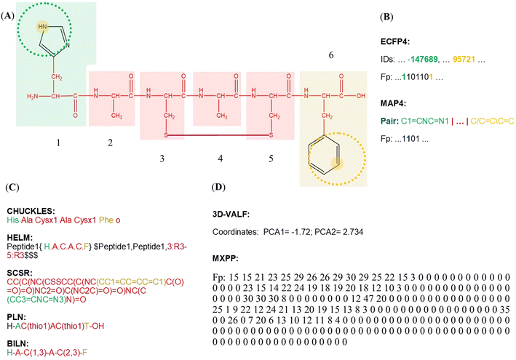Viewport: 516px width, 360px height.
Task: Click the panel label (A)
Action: [x=7, y=16]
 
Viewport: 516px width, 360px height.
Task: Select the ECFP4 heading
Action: [x=395, y=41]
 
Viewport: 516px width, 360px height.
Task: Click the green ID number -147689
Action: [x=423, y=59]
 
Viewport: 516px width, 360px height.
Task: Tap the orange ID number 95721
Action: [x=464, y=59]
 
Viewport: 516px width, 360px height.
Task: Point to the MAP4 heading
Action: [x=393, y=103]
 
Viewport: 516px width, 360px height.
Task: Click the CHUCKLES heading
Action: [x=31, y=211]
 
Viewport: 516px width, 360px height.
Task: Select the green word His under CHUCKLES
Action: [x=13, y=220]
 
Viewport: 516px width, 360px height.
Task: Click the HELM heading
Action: [x=20, y=237]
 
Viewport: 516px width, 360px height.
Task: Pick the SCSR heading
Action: [x=20, y=273]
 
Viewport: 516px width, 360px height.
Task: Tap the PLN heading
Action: [x=17, y=317]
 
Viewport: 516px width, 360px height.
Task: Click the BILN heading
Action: [x=17, y=343]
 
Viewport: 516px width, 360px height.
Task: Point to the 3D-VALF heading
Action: [x=231, y=215]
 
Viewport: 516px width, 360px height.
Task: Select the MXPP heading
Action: [x=226, y=258]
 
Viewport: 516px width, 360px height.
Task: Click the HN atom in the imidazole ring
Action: [x=42, y=27]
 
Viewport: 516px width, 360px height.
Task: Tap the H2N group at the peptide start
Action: [x=32, y=96]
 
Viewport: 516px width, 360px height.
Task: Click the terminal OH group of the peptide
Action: [x=361, y=96]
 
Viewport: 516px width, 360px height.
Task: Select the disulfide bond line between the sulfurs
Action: [x=218, y=135]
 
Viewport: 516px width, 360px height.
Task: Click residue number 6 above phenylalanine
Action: [x=331, y=55]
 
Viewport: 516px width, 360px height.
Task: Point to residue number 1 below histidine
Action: [x=58, y=143]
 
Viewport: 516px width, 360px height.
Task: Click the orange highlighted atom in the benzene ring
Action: [x=337, y=164]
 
